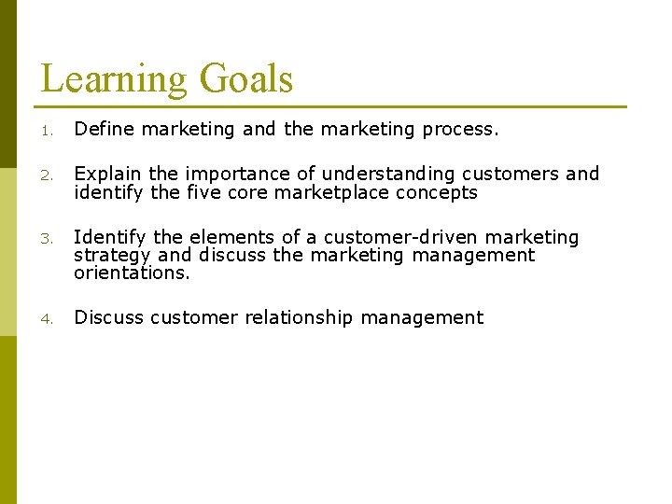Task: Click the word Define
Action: click(103, 129)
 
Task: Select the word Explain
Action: click(108, 174)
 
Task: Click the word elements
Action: click(220, 238)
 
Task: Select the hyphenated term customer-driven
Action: click(398, 238)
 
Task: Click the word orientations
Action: click(132, 273)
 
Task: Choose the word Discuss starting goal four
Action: click(109, 317)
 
